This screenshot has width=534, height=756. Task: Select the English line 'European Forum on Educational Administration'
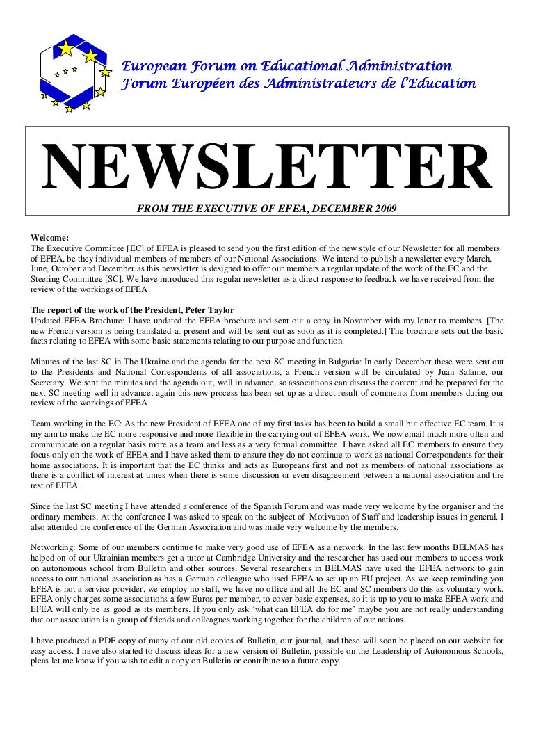(x=287, y=67)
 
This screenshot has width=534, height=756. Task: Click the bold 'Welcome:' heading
(x=50, y=237)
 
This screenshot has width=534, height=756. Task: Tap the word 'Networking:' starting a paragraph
(x=54, y=547)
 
